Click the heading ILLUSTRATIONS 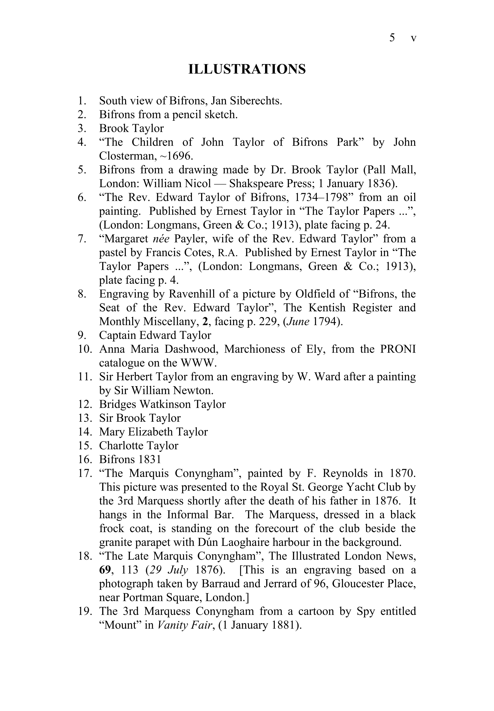pos(247,69)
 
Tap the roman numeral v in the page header pos(413,38)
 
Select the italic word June pos(298,322)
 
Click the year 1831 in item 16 pos(149,460)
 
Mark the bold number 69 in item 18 pos(105,570)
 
